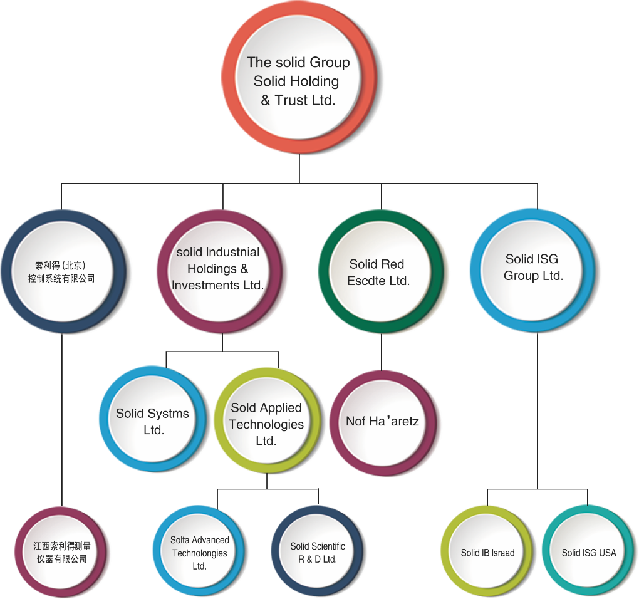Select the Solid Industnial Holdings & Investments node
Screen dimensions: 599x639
pyautogui.click(x=219, y=268)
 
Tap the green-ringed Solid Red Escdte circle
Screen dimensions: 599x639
pyautogui.click(x=378, y=273)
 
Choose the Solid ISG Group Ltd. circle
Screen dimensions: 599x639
pyautogui.click(x=534, y=268)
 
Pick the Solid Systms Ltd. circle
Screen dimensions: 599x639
pyautogui.click(x=152, y=421)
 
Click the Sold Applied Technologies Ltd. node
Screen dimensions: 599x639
pyautogui.click(x=266, y=424)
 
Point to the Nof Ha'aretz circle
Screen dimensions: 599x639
pyautogui.click(x=382, y=422)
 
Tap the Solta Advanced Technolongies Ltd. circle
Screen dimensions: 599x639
pyautogui.click(x=200, y=552)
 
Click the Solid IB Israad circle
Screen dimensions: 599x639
pyautogui.click(x=487, y=553)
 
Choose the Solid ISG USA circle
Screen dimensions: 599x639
pyautogui.click(x=589, y=553)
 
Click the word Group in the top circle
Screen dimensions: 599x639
pyautogui.click(x=328, y=62)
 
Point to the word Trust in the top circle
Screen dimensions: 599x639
pyautogui.click(x=291, y=100)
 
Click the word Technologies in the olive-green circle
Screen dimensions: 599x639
pyautogui.click(x=266, y=424)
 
